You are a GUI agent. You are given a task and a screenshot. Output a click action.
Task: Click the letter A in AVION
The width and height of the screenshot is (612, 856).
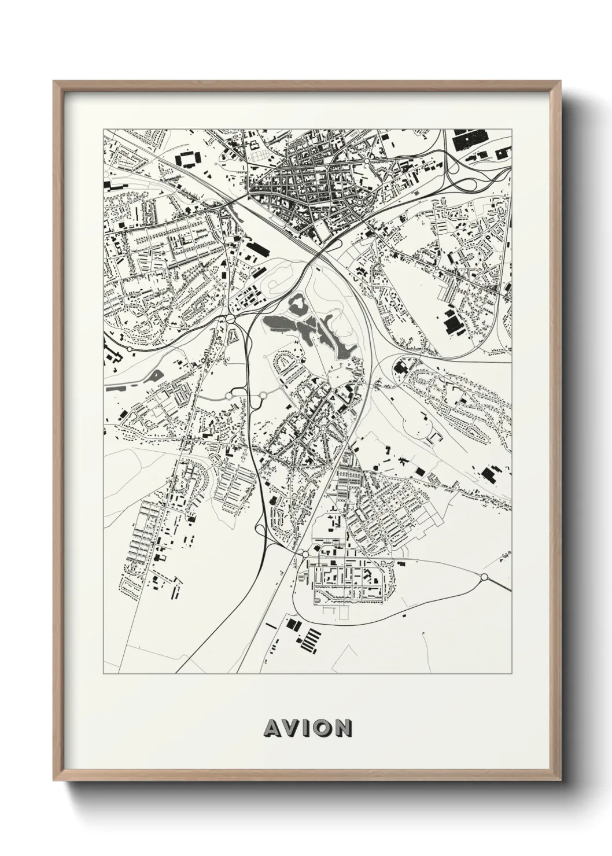(x=271, y=728)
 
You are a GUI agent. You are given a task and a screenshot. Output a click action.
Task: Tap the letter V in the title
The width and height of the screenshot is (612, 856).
(x=290, y=728)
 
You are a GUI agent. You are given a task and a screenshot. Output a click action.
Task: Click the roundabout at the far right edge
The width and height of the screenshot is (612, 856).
(x=484, y=577)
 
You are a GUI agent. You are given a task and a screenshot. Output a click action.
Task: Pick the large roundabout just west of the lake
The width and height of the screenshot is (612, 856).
(x=231, y=318)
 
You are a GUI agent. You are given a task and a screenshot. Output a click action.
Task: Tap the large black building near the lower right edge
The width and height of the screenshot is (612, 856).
(x=490, y=474)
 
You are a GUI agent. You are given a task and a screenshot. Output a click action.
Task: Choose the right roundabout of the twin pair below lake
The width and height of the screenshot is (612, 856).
(x=264, y=396)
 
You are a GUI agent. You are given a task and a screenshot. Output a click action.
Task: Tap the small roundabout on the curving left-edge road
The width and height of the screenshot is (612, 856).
(x=130, y=350)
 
